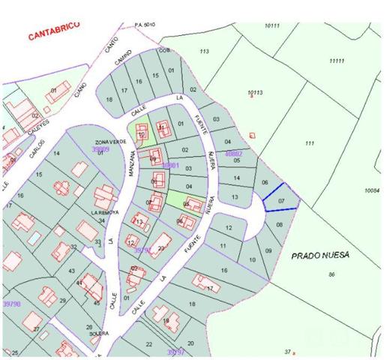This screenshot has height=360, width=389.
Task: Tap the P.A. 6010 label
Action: [x=144, y=24]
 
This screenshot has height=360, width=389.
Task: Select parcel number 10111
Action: [x=271, y=26]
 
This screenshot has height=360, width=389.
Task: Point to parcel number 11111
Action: [x=337, y=61]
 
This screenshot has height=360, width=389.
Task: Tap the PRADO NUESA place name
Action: [x=319, y=255]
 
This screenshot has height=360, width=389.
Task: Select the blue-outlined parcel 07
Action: [x=281, y=201]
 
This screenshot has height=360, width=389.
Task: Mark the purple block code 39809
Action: [x=100, y=148]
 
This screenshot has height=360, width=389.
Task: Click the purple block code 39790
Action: [x=11, y=304]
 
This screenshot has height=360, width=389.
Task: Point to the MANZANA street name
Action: [x=130, y=163]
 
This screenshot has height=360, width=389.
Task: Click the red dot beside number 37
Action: [x=294, y=352]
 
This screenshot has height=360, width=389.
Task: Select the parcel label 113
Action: [x=204, y=51]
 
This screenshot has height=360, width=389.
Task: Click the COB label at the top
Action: [x=164, y=50]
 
